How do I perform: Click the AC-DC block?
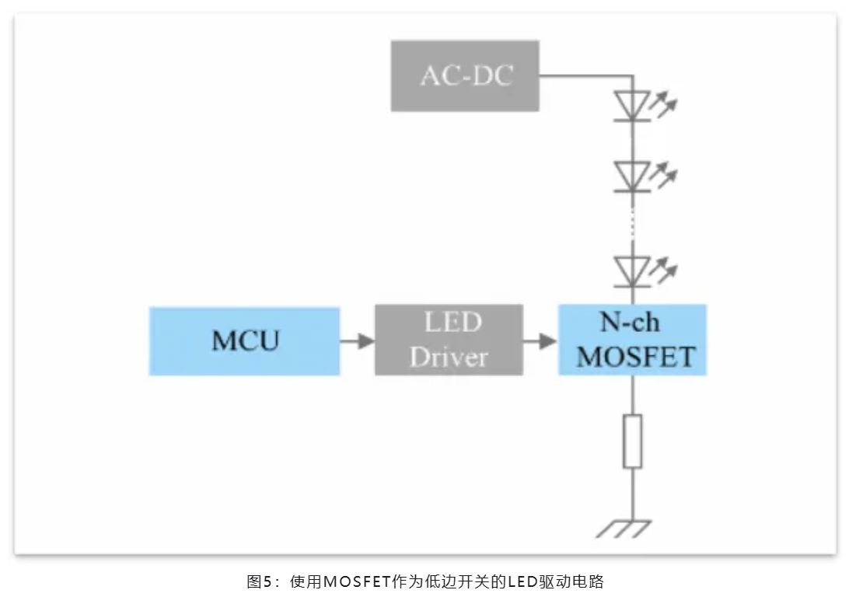(464, 76)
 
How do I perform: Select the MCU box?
(244, 340)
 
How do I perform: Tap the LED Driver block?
(449, 340)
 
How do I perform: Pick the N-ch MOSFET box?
(632, 340)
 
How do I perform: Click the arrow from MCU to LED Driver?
(357, 340)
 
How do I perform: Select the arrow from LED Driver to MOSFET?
(540, 340)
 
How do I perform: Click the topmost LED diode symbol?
(632, 105)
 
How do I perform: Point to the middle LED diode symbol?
(632, 175)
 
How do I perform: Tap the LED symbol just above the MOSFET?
(632, 270)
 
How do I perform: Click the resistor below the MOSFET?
(633, 441)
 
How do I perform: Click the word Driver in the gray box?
(449, 357)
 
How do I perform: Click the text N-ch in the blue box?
(631, 323)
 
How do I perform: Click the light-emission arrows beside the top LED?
(664, 103)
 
